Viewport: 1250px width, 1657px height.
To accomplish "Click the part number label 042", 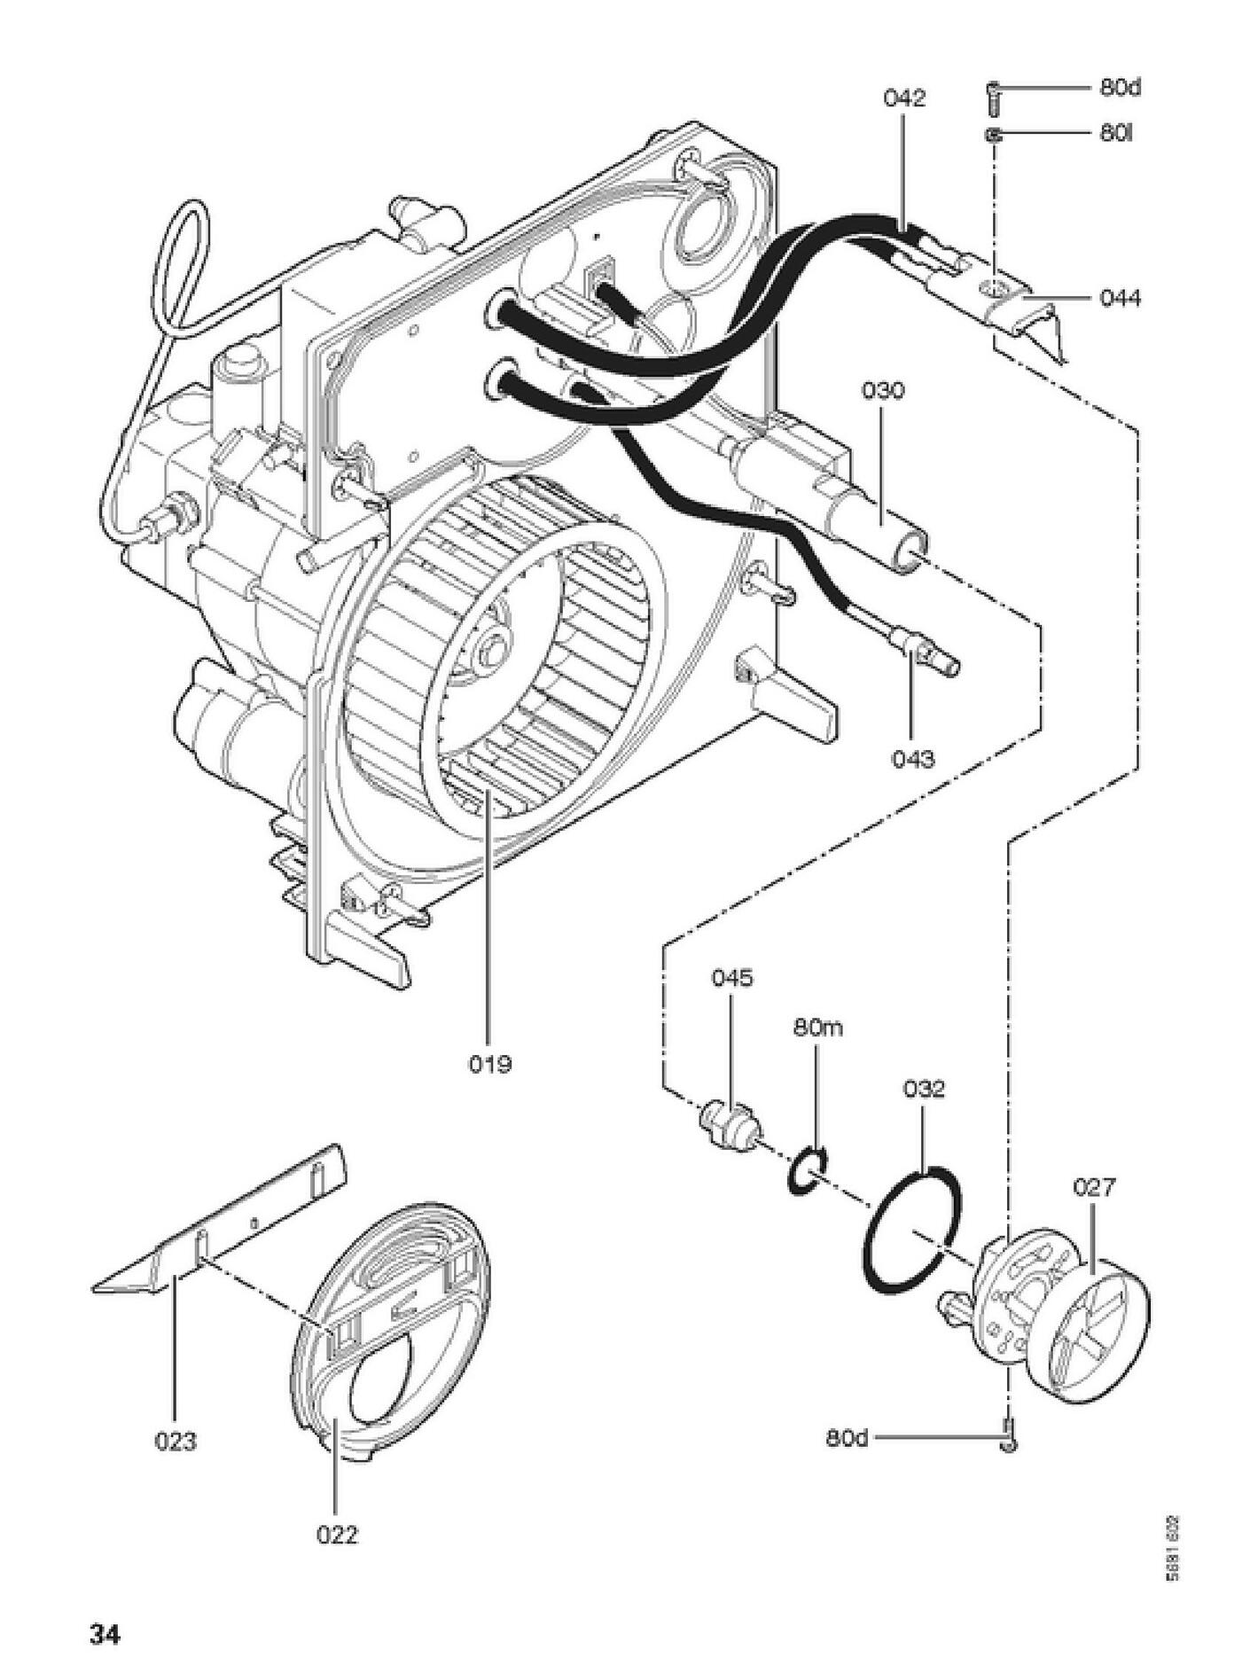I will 903,98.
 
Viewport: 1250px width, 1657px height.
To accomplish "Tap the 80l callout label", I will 1116,134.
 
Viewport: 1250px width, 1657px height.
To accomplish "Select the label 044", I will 1121,298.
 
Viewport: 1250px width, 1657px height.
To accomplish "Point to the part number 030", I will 883,390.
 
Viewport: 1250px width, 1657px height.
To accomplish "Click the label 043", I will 913,759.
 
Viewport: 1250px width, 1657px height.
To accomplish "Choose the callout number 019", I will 490,1063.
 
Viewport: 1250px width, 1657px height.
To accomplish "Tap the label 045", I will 732,978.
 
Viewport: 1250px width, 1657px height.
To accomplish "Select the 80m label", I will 817,1028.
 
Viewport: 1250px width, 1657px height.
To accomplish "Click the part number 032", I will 924,1088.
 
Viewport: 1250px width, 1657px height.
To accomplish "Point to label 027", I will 1094,1187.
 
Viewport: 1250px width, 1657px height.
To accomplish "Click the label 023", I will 176,1442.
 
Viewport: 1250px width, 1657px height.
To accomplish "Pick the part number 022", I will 337,1535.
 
